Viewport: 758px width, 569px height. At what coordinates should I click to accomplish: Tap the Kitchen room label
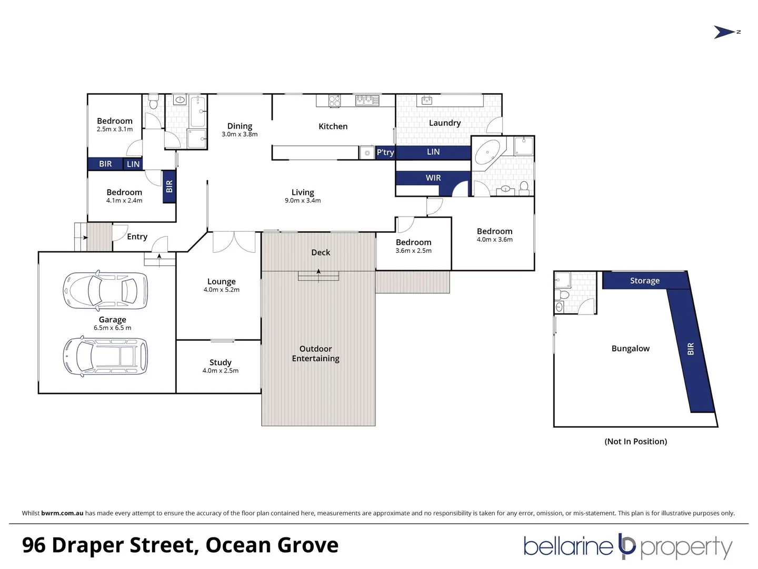pos(333,126)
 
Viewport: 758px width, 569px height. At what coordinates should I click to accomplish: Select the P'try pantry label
pos(385,152)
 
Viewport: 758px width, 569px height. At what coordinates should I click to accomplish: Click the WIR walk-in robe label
pos(433,178)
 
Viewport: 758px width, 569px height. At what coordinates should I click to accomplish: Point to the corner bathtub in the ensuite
pos(488,153)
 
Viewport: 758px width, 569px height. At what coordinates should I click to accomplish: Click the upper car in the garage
pos(105,290)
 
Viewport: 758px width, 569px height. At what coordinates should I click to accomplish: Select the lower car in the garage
pos(105,356)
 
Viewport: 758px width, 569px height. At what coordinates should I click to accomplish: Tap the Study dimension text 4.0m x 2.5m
pos(220,371)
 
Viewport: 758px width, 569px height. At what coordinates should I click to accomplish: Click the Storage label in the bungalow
pos(644,281)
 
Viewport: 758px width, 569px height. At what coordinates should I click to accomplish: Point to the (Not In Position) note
pos(635,442)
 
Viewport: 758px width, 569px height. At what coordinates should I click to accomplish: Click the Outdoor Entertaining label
pos(315,354)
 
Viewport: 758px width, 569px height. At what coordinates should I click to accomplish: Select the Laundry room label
pos(444,123)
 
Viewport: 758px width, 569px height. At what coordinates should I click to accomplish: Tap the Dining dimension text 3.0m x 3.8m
pos(240,134)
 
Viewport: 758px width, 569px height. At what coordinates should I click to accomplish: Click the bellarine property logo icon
pos(627,546)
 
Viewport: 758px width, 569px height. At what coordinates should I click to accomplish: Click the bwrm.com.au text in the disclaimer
pos(62,513)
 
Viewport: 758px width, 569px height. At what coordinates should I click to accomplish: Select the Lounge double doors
pos(234,242)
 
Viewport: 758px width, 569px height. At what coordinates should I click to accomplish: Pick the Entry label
pos(137,237)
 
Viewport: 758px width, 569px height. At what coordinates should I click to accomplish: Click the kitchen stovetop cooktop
pos(334,101)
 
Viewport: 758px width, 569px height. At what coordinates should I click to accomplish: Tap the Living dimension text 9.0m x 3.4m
pos(303,201)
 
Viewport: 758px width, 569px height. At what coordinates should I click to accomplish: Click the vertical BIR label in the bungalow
pos(691,349)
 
